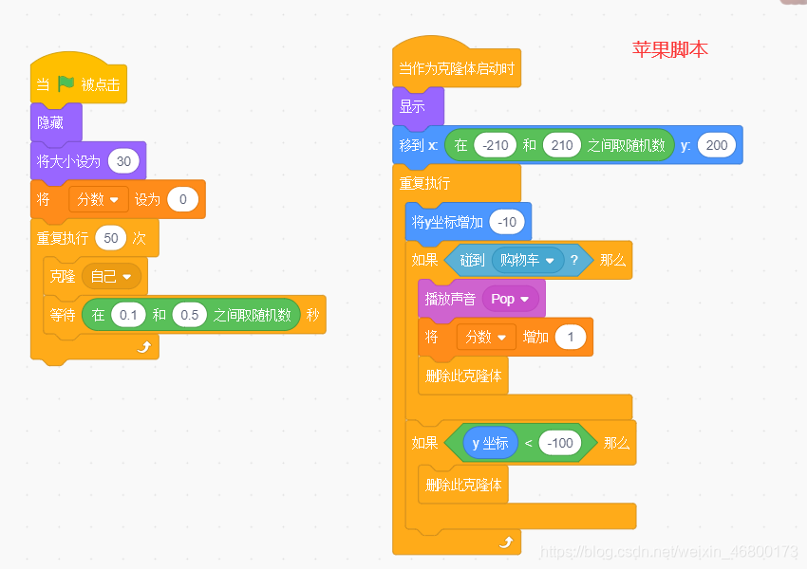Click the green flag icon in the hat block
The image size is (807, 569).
pos(66,83)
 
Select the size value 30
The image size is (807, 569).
pos(123,161)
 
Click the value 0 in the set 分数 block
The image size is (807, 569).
pos(182,199)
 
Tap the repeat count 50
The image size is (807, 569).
pos(111,237)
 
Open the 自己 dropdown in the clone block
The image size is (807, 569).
pos(112,276)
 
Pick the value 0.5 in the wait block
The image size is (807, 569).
pos(190,315)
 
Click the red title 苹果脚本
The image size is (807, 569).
pos(669,49)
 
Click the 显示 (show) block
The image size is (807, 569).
pos(412,106)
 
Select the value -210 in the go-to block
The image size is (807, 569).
pos(495,145)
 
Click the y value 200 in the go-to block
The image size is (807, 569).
pos(717,145)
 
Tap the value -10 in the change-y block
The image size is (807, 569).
pos(509,222)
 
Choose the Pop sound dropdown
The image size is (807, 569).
pos(510,299)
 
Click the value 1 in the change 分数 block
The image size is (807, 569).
pos(571,337)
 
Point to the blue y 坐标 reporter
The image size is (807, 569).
pos(490,443)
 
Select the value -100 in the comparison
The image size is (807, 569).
pos(560,443)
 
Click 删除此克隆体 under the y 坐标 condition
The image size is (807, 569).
pos(462,485)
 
